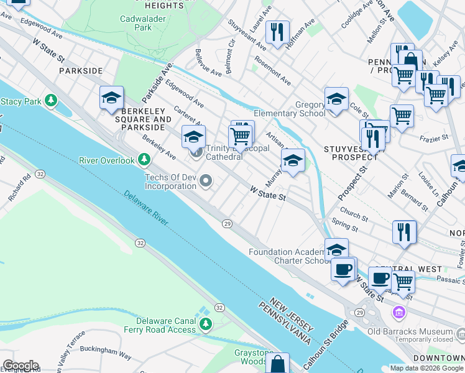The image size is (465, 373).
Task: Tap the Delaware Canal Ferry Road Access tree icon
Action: [x=206, y=325]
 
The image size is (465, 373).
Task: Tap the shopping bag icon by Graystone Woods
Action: [x=278, y=364]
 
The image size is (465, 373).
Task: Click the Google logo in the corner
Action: [x=21, y=366]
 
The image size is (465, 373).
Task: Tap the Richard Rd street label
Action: [x=19, y=190]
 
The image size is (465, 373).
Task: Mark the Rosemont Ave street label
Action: [x=272, y=73]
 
